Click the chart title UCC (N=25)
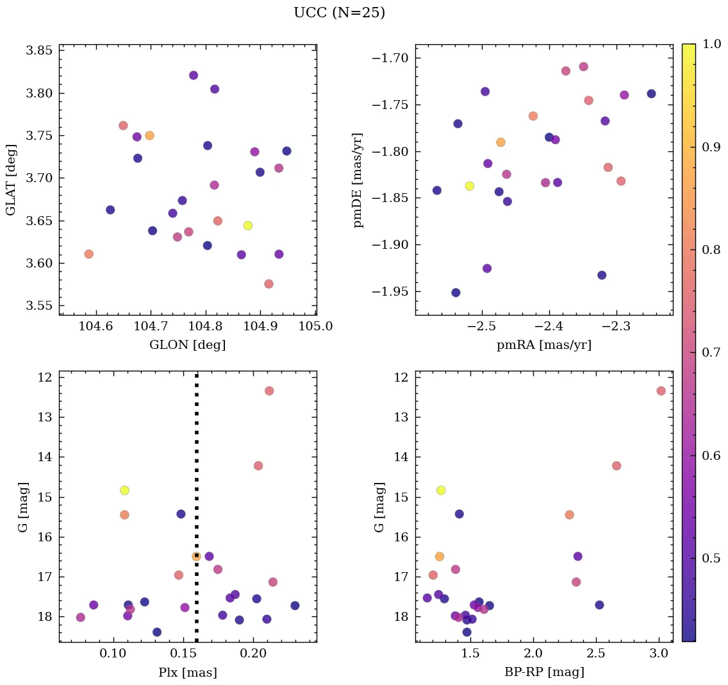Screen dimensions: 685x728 pyautogui.click(x=339, y=13)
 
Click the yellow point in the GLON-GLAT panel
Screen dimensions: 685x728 pyautogui.click(x=248, y=226)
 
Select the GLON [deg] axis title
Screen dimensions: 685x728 pyautogui.click(x=187, y=345)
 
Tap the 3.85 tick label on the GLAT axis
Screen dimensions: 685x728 pyautogui.click(x=39, y=51)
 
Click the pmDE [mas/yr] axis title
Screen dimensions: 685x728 pyautogui.click(x=358, y=180)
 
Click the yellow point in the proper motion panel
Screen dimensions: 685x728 pyautogui.click(x=470, y=186)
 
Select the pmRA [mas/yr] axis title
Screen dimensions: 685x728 pyautogui.click(x=543, y=345)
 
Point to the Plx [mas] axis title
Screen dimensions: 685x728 pyautogui.click(x=187, y=673)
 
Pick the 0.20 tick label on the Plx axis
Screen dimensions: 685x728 pyautogui.click(x=253, y=654)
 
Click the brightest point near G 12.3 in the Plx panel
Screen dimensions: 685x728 pyautogui.click(x=269, y=391)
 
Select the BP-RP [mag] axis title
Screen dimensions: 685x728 pyautogui.click(x=543, y=673)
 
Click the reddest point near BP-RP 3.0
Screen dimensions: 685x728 pyautogui.click(x=661, y=391)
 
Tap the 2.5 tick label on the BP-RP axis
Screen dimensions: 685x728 pyautogui.click(x=596, y=654)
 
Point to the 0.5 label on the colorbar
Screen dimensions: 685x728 pyautogui.click(x=710, y=558)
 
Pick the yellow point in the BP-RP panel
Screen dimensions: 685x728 pyautogui.click(x=441, y=490)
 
